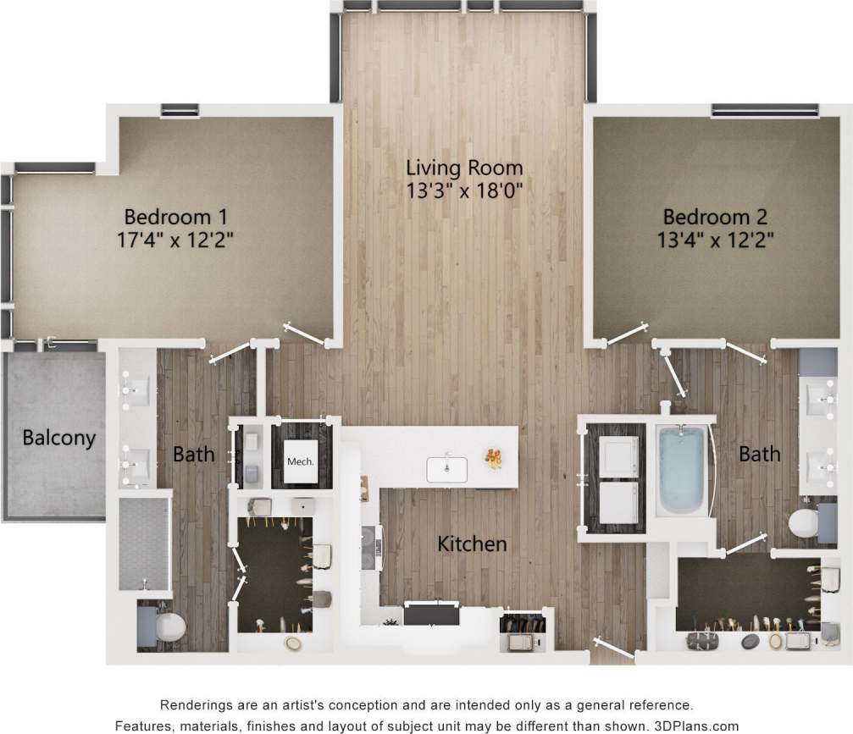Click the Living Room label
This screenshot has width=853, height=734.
pos(463,167)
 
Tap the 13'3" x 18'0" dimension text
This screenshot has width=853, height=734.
pos(463,190)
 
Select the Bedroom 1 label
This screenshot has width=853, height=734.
pos(175,214)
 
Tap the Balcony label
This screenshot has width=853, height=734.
pos(58,439)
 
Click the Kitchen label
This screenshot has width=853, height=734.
pos(472,544)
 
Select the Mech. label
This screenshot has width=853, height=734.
pos(301,462)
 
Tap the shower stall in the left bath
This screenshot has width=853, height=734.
pos(144,543)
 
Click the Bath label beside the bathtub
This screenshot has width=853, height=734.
pos(759,455)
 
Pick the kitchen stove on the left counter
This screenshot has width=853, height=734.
pos(370,550)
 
